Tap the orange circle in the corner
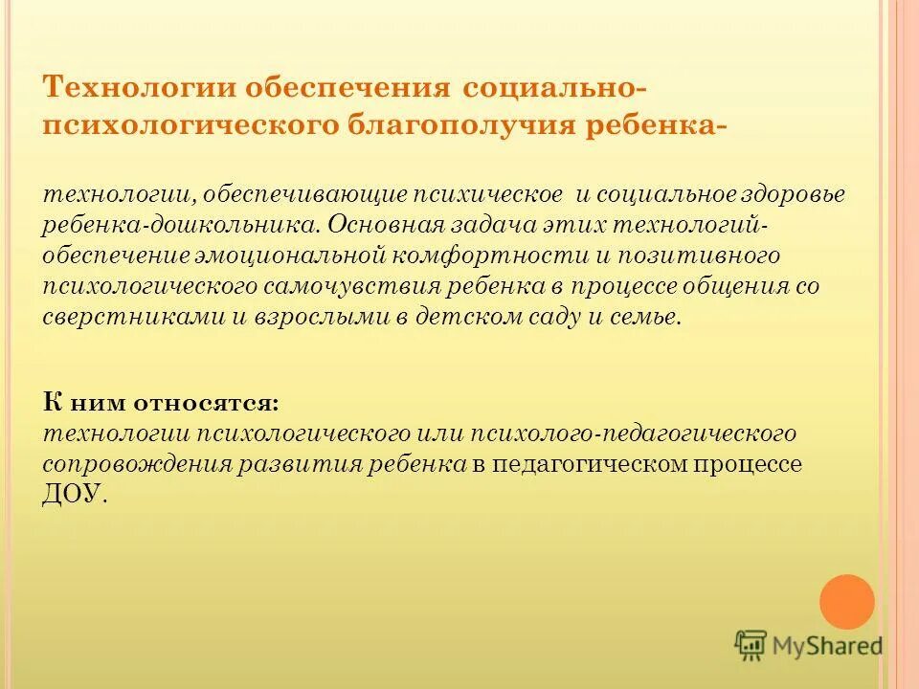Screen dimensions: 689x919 coord(847,601)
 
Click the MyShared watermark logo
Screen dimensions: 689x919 coord(809,646)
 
